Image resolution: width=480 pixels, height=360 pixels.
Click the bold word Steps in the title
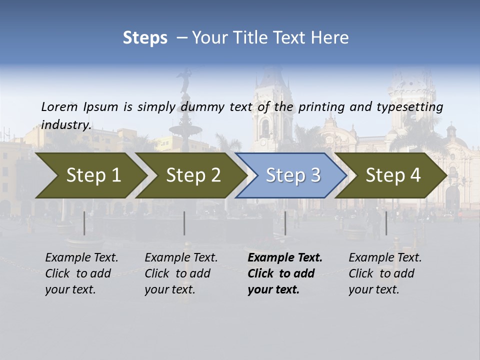coord(145,38)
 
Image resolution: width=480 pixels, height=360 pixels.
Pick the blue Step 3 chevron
coord(291,175)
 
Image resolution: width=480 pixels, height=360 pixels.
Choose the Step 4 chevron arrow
coord(391,175)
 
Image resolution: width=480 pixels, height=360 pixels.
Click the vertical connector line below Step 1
coord(84,223)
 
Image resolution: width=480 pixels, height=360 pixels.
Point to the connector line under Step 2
coord(184,223)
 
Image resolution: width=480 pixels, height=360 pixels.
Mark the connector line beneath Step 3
coord(285,223)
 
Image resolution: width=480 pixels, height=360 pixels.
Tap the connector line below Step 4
coord(386,223)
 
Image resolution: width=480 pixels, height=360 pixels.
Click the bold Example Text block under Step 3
coord(285,273)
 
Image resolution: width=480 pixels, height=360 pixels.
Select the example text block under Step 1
coord(81,273)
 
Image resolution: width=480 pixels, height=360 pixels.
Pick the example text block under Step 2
coord(181,273)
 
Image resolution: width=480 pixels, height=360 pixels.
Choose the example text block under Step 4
coord(385,273)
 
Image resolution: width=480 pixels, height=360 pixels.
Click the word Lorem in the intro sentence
coord(59,107)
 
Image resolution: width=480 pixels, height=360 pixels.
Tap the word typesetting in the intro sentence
coord(414,107)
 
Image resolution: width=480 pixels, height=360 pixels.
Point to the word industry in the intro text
coord(66,125)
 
